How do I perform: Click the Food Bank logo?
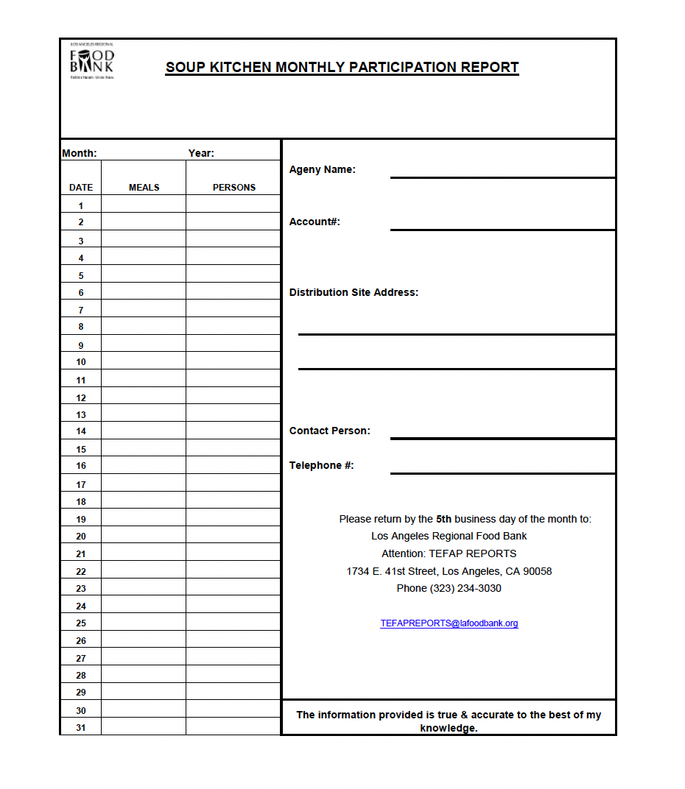pos(92,61)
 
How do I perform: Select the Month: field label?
pos(79,153)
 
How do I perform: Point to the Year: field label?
pos(201,153)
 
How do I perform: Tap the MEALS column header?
pos(144,188)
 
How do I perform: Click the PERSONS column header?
pos(233,188)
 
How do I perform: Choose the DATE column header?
pos(81,188)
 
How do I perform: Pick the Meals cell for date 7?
pos(144,308)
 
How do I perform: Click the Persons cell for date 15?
pos(233,447)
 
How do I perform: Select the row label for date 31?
pos(81,728)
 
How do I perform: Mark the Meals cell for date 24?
pos(144,604)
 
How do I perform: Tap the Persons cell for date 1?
pos(233,204)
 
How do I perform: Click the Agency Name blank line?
pos(502,173)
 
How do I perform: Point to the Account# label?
pos(315,222)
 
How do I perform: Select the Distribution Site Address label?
pos(354,292)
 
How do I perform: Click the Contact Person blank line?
pos(502,434)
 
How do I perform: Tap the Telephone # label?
pos(321,465)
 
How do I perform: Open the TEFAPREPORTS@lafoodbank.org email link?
pos(449,623)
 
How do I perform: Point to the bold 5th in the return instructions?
pos(443,519)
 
